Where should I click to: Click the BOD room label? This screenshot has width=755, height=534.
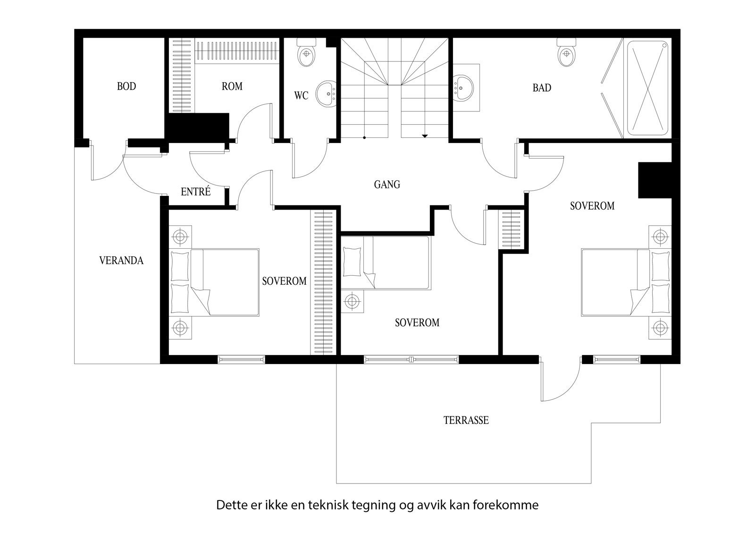[126, 86]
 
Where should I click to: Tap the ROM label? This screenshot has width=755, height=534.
[232, 86]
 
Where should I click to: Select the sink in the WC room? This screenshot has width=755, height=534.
[326, 93]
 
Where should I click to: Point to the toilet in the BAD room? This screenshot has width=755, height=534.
[567, 53]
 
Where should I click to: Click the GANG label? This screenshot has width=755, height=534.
[387, 184]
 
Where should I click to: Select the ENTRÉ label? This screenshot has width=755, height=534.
[195, 192]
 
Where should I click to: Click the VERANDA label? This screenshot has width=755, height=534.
[121, 260]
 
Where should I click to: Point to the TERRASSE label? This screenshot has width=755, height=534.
[466, 420]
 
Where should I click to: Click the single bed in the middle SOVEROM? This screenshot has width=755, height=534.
[386, 263]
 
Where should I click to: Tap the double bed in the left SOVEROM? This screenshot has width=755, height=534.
[215, 282]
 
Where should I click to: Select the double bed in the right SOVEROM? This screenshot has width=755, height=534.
[625, 282]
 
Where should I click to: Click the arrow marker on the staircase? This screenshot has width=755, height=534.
[425, 136]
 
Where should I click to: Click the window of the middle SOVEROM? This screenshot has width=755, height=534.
[411, 359]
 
